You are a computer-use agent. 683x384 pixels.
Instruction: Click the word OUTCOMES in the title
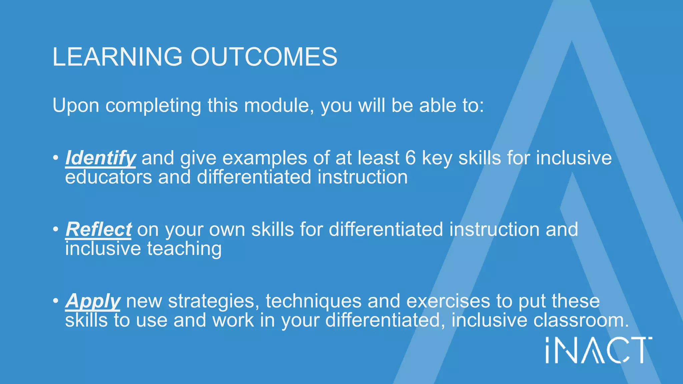coord(264,57)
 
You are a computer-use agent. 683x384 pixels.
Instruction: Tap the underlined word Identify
coord(100,158)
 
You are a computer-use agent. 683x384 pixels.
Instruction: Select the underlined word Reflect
coord(98,229)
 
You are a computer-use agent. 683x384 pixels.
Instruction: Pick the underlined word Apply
coord(93,301)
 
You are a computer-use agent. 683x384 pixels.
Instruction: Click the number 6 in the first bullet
coord(411,158)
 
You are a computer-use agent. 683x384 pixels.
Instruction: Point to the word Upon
coord(76,105)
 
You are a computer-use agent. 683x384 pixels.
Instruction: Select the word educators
coord(108,177)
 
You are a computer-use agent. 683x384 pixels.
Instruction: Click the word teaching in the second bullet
coord(184,249)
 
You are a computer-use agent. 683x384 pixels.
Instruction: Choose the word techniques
coord(313,301)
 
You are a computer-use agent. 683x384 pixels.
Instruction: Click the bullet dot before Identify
coord(56,158)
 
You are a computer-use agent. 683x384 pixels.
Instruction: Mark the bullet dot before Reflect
coord(56,229)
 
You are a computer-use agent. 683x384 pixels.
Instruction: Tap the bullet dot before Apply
coord(56,301)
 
